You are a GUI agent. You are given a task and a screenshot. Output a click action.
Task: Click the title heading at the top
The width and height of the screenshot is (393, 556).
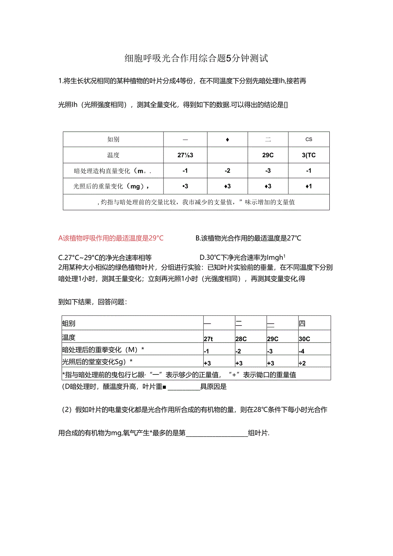click(196, 59)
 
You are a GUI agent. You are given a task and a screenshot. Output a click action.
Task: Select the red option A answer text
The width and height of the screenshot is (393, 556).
click(111, 238)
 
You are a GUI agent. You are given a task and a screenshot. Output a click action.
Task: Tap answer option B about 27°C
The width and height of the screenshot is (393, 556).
click(248, 238)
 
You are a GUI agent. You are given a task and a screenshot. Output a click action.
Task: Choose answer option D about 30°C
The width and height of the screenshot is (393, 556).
click(242, 257)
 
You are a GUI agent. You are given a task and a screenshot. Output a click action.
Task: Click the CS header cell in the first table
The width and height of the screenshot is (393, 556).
click(309, 139)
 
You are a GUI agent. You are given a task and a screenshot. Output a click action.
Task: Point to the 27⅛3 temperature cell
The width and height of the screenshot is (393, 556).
click(185, 155)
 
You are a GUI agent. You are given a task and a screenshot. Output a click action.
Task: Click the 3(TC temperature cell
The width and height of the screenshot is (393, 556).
click(309, 155)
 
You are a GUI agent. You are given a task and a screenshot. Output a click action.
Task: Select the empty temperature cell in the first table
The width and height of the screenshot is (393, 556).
click(227, 155)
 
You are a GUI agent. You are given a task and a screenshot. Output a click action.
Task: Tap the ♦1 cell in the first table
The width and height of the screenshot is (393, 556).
click(309, 186)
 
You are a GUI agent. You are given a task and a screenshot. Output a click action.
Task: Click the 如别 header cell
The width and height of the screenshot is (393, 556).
click(113, 139)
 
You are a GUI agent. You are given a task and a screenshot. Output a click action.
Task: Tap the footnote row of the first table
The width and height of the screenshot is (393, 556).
click(196, 202)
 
